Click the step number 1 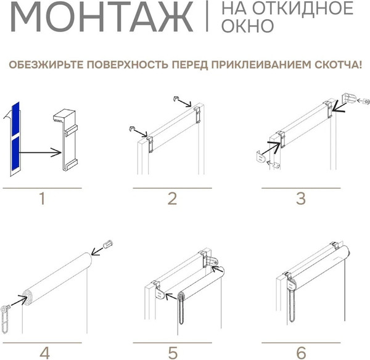pos(41,198)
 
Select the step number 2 pos(172,198)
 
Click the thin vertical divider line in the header pos(207,17)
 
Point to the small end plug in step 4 pos(109,245)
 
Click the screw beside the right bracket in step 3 pos(364,100)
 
